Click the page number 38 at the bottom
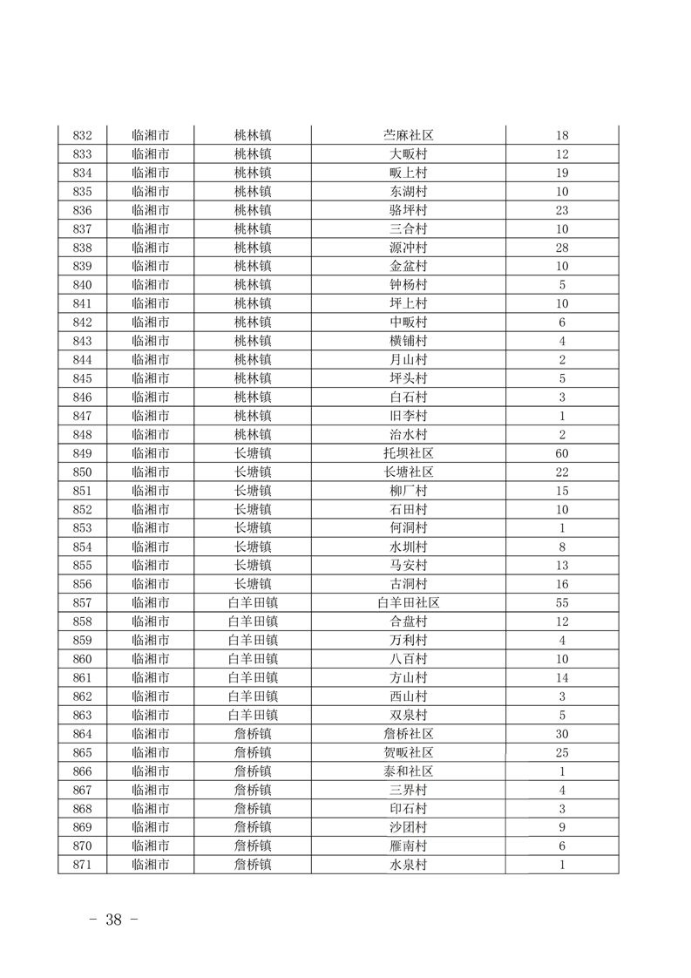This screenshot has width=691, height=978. tap(113, 920)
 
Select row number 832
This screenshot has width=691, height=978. tap(83, 136)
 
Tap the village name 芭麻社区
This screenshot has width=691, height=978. tap(409, 136)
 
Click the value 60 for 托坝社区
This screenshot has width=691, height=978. tap(562, 453)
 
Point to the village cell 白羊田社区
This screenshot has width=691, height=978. tap(409, 603)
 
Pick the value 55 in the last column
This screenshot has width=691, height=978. tap(562, 603)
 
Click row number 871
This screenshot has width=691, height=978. tap(83, 865)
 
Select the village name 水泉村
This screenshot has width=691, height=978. tap(409, 865)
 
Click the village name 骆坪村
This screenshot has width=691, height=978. tap(409, 211)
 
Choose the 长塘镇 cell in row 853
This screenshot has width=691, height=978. tap(253, 528)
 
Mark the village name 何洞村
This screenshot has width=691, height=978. tap(409, 528)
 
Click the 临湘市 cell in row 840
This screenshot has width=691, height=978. tap(150, 285)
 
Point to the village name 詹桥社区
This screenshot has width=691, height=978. tap(409, 734)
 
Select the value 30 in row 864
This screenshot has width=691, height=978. tap(562, 734)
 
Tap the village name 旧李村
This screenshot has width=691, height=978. tap(409, 416)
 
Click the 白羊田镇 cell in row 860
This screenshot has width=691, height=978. tap(253, 659)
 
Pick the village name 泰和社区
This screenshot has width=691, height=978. tap(409, 771)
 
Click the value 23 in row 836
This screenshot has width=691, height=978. tap(562, 211)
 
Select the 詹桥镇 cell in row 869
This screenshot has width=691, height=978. tap(253, 827)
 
